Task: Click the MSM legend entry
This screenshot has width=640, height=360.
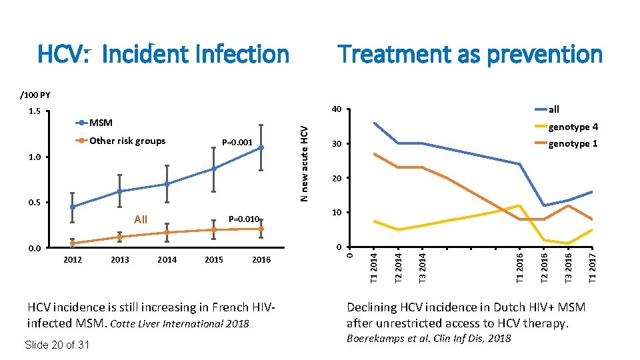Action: (101, 123)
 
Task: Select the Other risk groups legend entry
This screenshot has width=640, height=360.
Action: (127, 141)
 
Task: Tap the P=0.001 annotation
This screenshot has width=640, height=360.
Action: (237, 142)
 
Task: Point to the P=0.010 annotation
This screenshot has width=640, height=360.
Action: (243, 219)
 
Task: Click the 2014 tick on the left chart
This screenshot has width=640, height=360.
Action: (167, 260)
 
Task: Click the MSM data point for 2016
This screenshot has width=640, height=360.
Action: (261, 147)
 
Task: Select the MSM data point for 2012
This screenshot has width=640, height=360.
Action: (72, 207)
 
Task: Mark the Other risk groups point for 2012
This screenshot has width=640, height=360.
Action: (72, 243)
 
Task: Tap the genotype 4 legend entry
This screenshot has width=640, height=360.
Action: (573, 127)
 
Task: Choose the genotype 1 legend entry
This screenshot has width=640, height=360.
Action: (573, 144)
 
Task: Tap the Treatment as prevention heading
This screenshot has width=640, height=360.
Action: (470, 53)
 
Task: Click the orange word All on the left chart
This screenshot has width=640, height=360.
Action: (141, 219)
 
